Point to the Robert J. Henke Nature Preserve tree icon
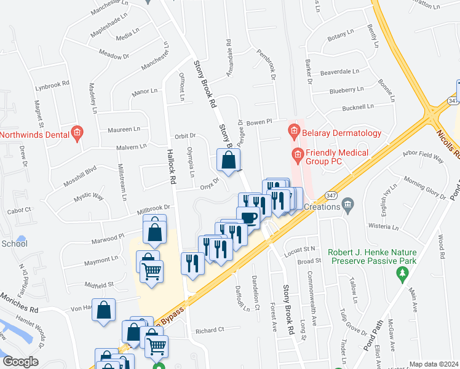pyautogui.click(x=403, y=271)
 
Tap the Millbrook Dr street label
pyautogui.click(x=154, y=211)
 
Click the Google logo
pyautogui.click(x=20, y=362)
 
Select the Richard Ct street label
pyautogui.click(x=209, y=331)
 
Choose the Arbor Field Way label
pyautogui.click(x=422, y=157)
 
